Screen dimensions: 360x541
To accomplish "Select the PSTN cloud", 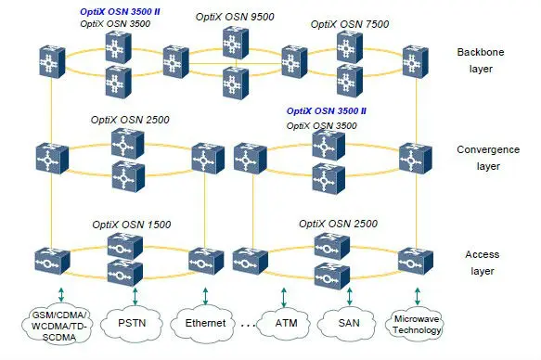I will pyautogui.click(x=131, y=325).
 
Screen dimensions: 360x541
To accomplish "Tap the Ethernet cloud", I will pyautogui.click(x=206, y=325).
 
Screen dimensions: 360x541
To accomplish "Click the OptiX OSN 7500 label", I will pyautogui.click(x=342, y=22).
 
